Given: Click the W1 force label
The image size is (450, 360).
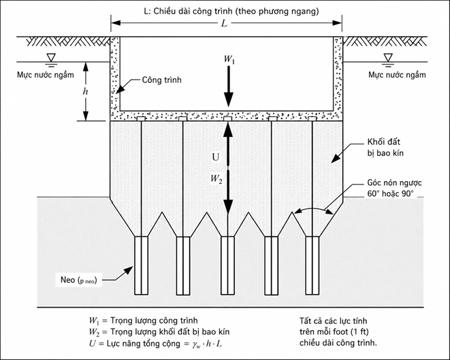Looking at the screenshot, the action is tap(229, 59).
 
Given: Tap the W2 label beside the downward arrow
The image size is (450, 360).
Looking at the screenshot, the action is tap(216, 179).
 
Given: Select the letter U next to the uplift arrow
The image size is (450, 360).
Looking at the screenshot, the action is tap(215, 157).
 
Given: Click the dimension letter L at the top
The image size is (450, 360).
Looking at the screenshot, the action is tap(224, 23).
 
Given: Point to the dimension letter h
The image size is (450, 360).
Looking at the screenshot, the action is tap(85, 91).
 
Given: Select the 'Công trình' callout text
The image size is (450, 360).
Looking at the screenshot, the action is tap(162, 80).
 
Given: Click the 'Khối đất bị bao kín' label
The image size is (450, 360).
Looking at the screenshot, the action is tap(385, 148).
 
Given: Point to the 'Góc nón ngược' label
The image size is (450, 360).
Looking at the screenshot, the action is tap(394, 183).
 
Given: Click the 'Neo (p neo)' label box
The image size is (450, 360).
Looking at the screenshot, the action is tap(79, 280).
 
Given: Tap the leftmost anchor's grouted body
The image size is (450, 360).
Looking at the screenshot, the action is tap(142, 265).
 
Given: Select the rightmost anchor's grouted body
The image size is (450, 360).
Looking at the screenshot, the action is tap(312, 265).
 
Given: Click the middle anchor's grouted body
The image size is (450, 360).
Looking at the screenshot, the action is tap(227, 265).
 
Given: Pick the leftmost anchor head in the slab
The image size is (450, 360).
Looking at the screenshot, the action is tap(141, 119).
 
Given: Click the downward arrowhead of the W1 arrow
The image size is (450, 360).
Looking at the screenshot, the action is tap(229, 100).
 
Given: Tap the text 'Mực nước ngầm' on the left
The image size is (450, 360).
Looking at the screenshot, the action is tap(46, 75).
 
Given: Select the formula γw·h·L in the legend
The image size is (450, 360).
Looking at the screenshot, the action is tap(207, 344).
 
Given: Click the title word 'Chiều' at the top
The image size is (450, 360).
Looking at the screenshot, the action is tap(166, 11).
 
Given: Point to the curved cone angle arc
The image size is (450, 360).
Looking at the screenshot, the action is tap(312, 209).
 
